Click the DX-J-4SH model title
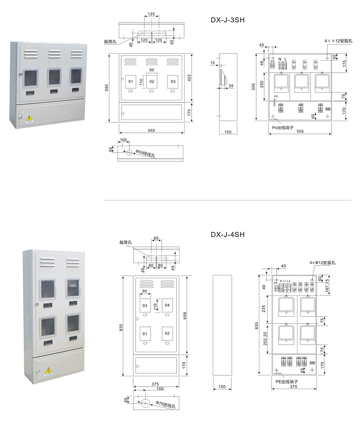pos(228,234)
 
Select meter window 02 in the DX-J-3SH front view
pos(152,81)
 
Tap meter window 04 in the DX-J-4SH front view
pos(167,306)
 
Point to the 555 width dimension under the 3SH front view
pos(151,130)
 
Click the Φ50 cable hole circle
pos(129,153)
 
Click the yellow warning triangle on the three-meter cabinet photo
pos(29,118)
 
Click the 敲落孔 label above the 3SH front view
pos(110,41)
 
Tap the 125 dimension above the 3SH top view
pos(151,14)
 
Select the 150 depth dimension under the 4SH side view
pos(222,387)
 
